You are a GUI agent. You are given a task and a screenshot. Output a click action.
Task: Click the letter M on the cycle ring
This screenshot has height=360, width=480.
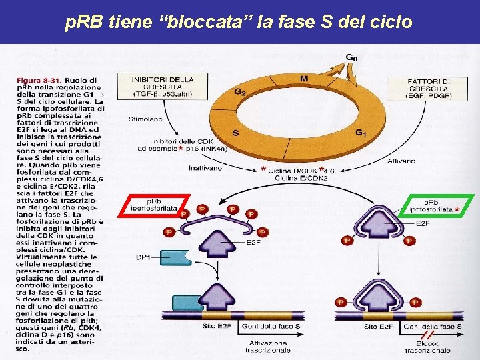tap(304, 79)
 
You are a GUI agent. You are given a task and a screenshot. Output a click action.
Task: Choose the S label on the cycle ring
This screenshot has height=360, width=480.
tap(235, 133)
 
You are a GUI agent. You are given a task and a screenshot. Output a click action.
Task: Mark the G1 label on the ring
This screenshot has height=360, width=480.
tap(361, 133)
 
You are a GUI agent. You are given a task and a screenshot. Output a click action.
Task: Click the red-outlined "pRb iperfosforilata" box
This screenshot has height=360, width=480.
tap(154, 205)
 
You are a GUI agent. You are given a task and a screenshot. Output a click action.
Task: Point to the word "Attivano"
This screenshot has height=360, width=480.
tap(401, 161)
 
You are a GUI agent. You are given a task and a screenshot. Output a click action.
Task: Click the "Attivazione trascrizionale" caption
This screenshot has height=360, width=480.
tap(268, 347)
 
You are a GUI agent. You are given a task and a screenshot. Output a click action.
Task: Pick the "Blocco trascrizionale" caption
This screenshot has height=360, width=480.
tap(428, 347)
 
